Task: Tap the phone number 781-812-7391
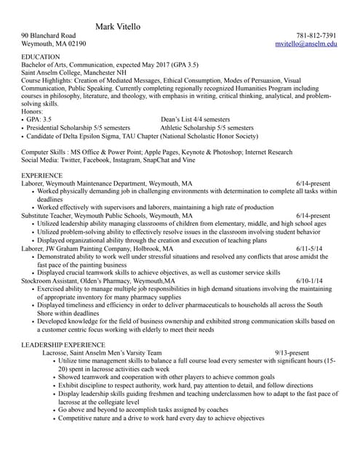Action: click(316, 36)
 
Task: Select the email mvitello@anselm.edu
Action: click(306, 44)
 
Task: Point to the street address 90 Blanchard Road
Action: click(49, 36)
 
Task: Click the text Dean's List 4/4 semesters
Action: click(196, 119)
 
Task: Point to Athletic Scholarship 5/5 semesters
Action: click(207, 127)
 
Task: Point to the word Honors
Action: click(33, 111)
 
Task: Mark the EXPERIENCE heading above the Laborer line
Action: click(42, 177)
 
